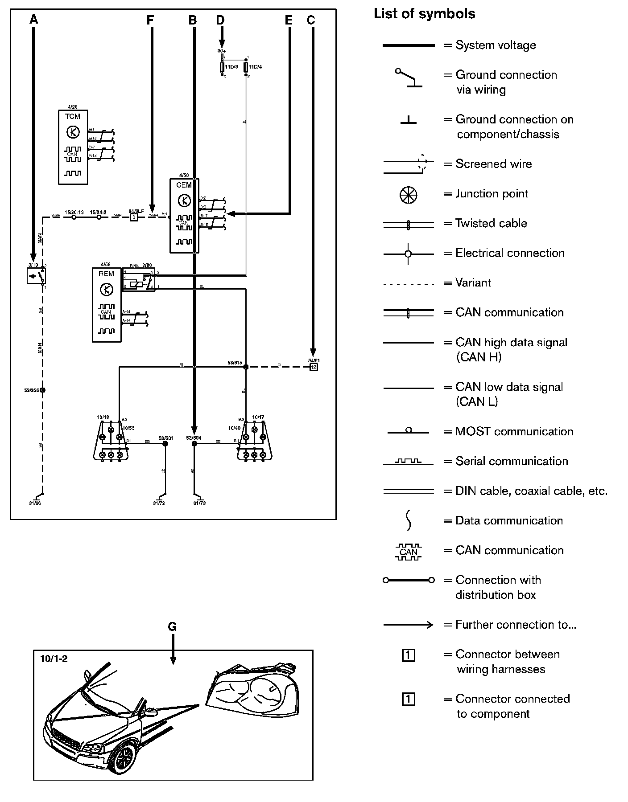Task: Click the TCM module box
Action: click(x=73, y=147)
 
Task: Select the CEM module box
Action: click(x=184, y=216)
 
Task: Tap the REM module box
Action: click(x=106, y=305)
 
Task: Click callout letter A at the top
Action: click(x=33, y=20)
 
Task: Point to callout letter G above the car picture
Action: click(x=172, y=627)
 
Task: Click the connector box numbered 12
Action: click(x=314, y=367)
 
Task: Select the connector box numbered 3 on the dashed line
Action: click(x=134, y=217)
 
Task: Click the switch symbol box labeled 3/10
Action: click(x=36, y=276)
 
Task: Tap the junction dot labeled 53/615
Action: click(x=245, y=367)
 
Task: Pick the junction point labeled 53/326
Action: click(x=43, y=390)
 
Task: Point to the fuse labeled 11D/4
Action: click(x=246, y=67)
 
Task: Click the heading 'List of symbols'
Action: click(x=424, y=14)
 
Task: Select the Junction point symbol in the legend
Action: click(x=408, y=194)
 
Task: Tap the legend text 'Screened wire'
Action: click(x=493, y=164)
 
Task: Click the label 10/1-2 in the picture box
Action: click(x=54, y=659)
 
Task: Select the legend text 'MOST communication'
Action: click(x=514, y=431)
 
